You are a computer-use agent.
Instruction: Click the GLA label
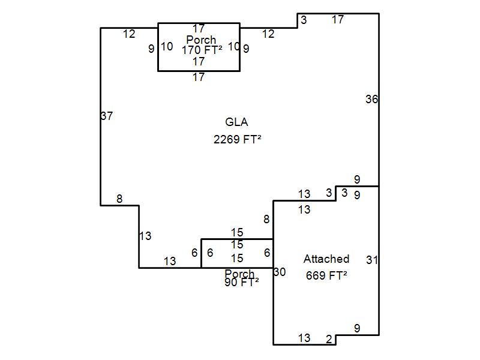coord(236,122)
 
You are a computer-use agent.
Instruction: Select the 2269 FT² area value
coord(237,139)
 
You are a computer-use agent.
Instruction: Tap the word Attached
coord(326,259)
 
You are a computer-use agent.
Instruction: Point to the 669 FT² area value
coord(326,276)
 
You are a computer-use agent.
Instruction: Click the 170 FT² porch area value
coord(202,50)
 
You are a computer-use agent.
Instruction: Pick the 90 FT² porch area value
coord(241,283)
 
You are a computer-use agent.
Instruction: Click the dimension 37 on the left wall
coord(107,116)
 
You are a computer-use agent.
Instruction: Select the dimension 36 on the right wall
coord(371,100)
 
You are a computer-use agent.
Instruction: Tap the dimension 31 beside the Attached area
coord(372,260)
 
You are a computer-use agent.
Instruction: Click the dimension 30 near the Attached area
coord(280,272)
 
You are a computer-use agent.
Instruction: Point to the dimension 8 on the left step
coord(119,199)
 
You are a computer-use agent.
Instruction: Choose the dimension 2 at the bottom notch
coord(329,340)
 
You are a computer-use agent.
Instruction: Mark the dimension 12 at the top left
coord(129,34)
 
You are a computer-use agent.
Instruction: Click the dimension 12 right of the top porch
coord(268,34)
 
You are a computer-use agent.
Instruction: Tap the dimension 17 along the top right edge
coord(338,20)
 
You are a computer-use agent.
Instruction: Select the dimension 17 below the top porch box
coord(199,77)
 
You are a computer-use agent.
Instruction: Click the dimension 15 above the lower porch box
coord(237,233)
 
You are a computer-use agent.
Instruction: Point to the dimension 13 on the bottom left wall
coord(170,262)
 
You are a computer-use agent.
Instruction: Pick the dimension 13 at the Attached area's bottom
coord(304,338)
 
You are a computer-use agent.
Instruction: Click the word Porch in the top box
coord(201,40)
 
